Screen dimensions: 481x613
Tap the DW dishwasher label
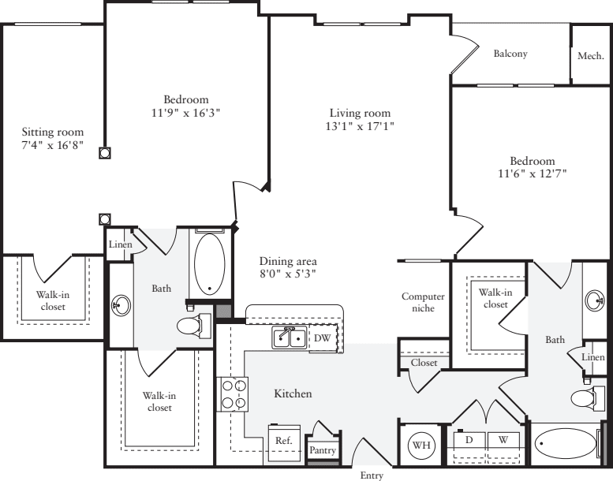pos(322,337)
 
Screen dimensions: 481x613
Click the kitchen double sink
pos(289,338)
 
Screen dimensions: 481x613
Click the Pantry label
pos(323,451)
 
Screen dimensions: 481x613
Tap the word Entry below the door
pos(372,475)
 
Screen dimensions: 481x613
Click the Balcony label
pos(510,54)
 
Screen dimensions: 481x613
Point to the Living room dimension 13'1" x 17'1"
pos(360,126)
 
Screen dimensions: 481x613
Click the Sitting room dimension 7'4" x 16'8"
pos(52,145)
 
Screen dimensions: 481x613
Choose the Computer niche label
pos(424,303)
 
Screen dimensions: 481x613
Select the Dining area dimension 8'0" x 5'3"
pos(288,274)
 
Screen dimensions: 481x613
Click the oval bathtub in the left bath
pos(209,263)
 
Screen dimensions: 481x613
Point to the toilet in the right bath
pos(585,398)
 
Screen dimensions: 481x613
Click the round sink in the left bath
pos(121,304)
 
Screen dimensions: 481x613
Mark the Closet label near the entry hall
pos(424,363)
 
